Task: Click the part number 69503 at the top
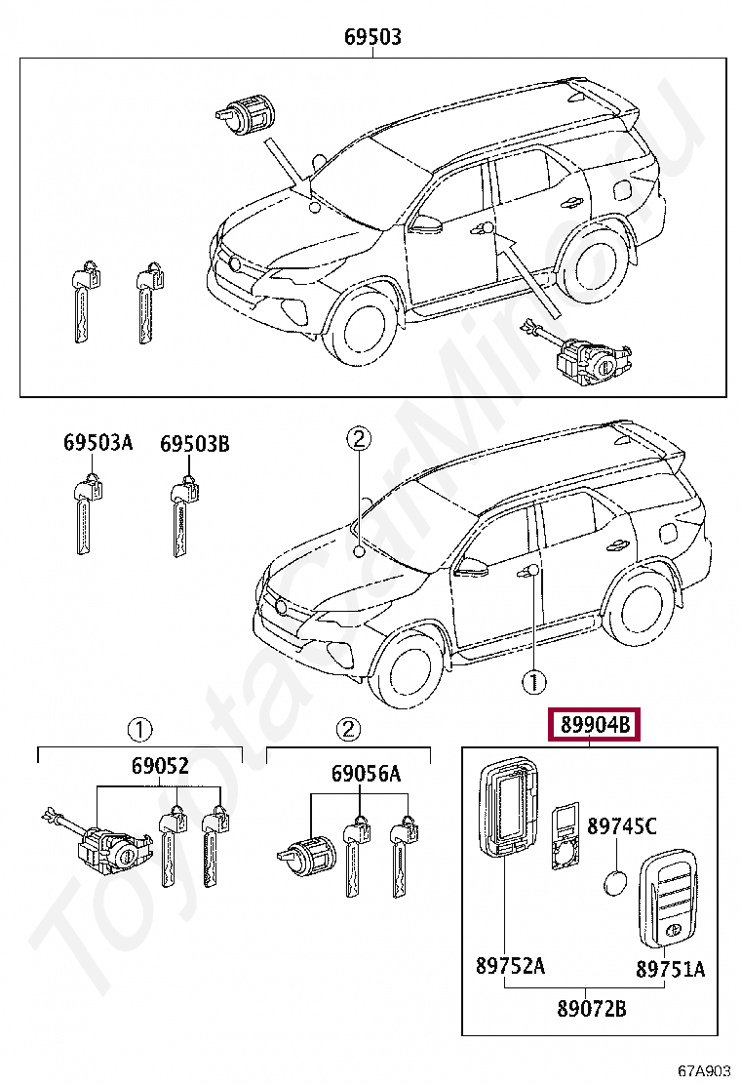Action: click(372, 37)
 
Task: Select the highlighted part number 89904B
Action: click(595, 725)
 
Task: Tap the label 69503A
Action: click(97, 442)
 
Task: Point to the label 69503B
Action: click(195, 443)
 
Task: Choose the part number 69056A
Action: click(366, 773)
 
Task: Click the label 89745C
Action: click(621, 825)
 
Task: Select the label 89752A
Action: click(510, 965)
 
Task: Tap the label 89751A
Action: click(670, 970)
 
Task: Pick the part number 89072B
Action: click(592, 1009)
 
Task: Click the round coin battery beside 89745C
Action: click(615, 884)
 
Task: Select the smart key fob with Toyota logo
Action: click(668, 900)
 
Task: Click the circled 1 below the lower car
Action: click(533, 682)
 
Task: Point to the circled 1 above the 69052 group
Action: click(138, 729)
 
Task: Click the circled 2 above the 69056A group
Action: click(348, 729)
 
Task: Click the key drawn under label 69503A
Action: click(87, 515)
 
